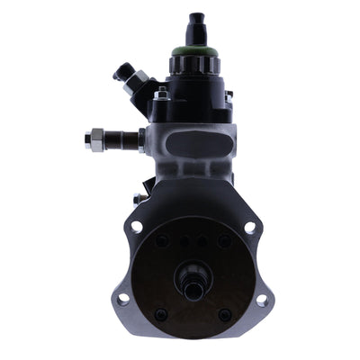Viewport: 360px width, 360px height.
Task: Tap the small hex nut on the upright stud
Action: tap(161, 94)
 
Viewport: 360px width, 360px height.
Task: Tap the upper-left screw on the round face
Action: tap(161, 240)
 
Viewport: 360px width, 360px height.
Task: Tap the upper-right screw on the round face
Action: tap(226, 240)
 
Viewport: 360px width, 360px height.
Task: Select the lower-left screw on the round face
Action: tap(161, 314)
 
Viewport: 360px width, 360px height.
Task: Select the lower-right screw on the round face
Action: tap(225, 314)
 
